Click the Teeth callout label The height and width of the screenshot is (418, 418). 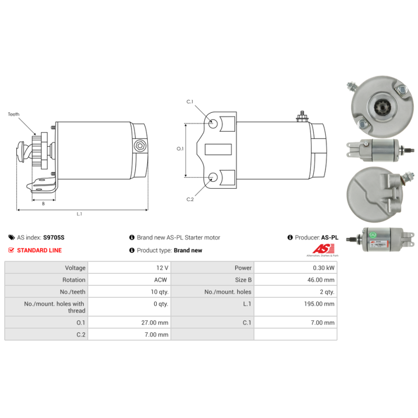click(x=14, y=114)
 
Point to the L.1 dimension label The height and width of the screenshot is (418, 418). click(x=79, y=214)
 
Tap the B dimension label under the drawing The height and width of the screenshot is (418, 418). click(x=43, y=204)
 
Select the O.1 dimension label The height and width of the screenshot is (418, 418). click(x=180, y=149)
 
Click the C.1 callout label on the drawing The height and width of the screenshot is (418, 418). click(x=190, y=101)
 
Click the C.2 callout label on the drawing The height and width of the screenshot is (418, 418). click(x=190, y=199)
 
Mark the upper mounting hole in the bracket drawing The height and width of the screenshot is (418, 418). click(x=214, y=124)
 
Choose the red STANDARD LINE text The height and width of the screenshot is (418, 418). click(x=39, y=250)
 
